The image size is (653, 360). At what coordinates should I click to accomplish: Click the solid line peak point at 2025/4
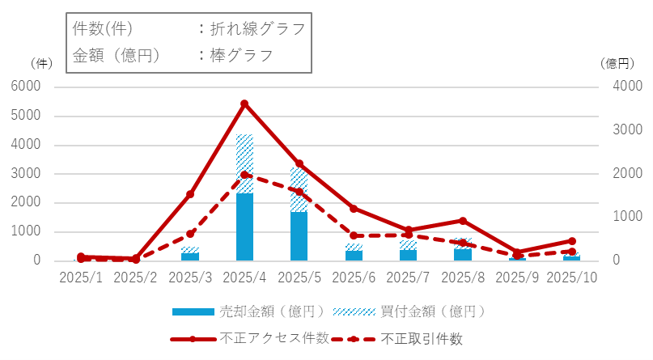(244, 104)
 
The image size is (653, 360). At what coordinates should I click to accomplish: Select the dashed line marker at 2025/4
(244, 175)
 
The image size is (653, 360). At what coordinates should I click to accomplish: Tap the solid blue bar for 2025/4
(244, 227)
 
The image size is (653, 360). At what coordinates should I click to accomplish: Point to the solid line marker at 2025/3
(190, 194)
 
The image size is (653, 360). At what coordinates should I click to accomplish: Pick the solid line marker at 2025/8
(463, 221)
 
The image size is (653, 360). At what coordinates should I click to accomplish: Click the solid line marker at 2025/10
(572, 241)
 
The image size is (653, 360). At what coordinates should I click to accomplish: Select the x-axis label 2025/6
(354, 277)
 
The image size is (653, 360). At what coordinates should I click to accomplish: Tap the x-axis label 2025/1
(81, 277)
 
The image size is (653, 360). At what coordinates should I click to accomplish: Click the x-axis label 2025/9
(517, 277)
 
